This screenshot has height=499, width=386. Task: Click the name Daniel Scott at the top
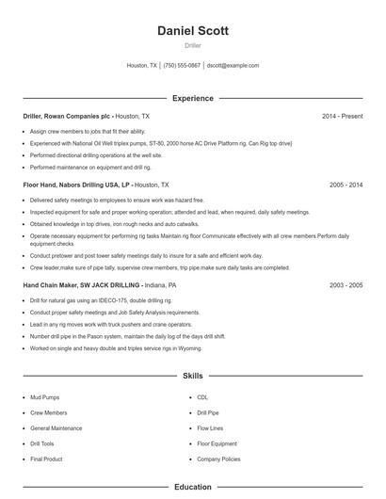pos(192,30)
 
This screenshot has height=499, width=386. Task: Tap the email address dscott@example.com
pos(233,66)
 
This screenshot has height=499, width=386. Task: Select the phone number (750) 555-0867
pos(182,66)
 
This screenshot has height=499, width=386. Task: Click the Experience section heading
pos(192,98)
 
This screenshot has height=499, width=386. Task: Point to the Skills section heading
pos(192,376)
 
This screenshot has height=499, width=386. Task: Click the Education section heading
pos(192,488)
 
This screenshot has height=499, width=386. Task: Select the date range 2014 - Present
pos(342,116)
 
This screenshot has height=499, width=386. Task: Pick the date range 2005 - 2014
pos(346,185)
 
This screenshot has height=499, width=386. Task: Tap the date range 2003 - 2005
pos(346,284)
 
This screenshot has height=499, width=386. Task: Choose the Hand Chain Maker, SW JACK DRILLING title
pos(82,284)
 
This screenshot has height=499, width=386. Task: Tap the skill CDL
pos(202,397)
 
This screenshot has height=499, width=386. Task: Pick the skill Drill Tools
pos(41,443)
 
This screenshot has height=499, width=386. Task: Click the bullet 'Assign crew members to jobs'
pos(87,132)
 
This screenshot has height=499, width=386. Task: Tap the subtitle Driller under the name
pos(192,45)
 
